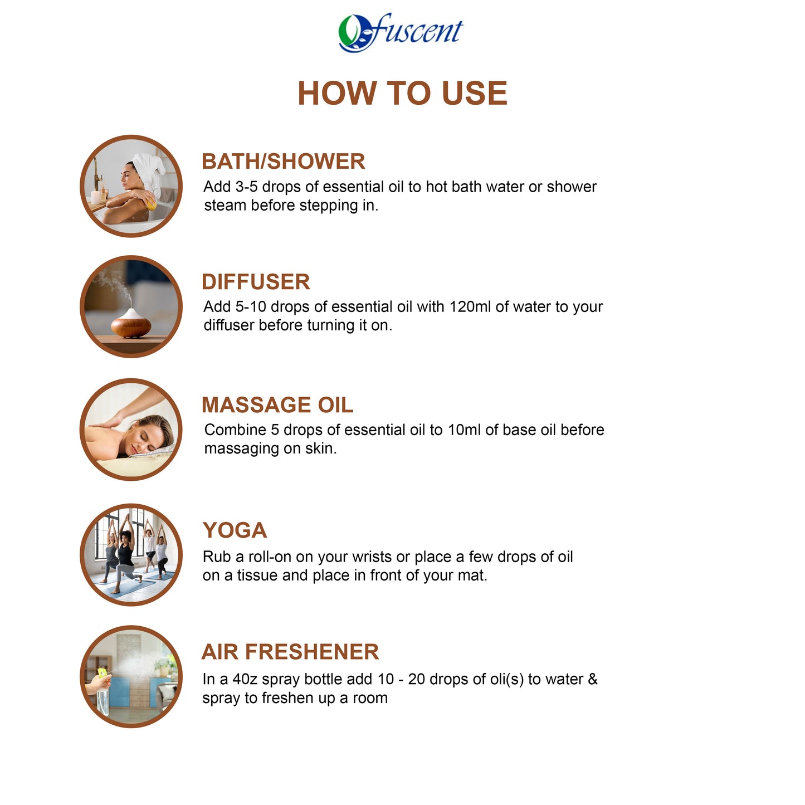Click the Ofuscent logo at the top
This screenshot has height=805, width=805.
coord(401,32)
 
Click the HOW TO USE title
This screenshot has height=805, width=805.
coord(402,93)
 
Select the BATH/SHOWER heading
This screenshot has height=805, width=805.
coord(283,162)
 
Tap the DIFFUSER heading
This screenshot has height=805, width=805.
coord(256,282)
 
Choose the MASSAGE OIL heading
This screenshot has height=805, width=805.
coord(277,405)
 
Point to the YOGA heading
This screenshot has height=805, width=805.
coord(235,530)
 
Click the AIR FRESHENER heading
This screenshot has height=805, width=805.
coord(290,652)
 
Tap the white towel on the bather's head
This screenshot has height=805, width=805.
coord(150,170)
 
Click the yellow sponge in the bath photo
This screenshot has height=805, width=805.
coord(150,200)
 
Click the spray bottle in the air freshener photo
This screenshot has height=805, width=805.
coord(103,694)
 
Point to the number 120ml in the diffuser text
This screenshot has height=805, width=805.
coord(470,307)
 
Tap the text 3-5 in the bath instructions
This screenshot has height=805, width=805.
coord(246,187)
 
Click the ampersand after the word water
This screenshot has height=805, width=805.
coord(592,680)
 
